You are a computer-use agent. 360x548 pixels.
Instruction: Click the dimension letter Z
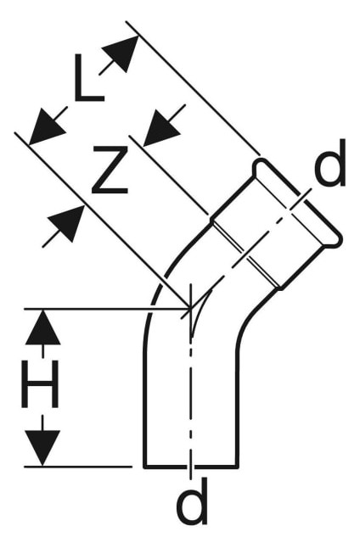coord(110,170)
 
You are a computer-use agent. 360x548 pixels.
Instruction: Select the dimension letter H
coord(40,384)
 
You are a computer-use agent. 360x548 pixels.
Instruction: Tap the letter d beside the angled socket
coord(330,162)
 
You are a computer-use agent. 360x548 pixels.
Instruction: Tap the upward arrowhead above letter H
coord(42,327)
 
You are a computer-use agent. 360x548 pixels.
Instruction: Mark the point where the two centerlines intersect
coord(191,309)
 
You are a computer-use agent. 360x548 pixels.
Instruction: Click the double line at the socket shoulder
coord(246,254)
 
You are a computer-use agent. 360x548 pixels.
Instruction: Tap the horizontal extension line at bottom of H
coord(77,467)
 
